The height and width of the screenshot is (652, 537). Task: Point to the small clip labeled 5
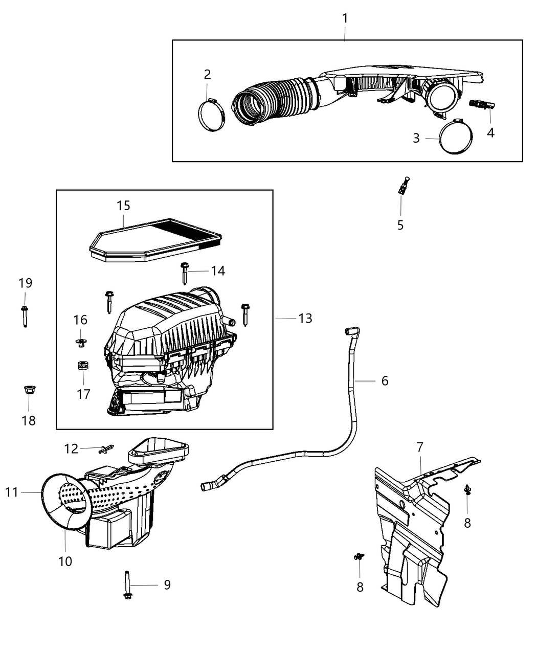tap(403, 187)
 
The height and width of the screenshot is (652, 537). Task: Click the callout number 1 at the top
tap(345, 18)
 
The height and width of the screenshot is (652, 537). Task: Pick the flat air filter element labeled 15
tap(156, 240)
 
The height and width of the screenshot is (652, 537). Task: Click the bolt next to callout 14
tap(185, 273)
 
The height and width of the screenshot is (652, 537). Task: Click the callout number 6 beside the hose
tap(385, 381)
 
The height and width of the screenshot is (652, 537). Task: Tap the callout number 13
tap(305, 319)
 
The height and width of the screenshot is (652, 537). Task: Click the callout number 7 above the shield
tap(419, 447)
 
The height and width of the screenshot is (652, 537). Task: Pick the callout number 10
tap(65, 561)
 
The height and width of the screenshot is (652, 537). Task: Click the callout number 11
tap(12, 492)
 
